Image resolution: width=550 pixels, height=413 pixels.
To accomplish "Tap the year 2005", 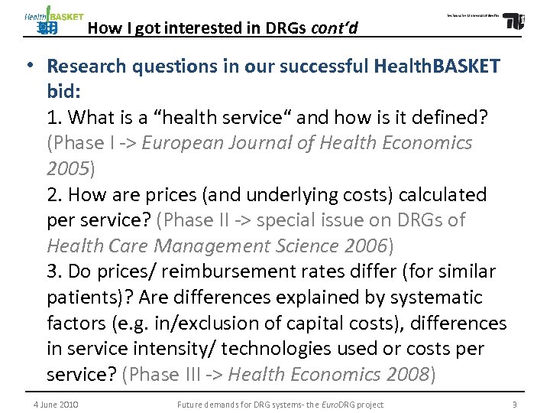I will (67, 169).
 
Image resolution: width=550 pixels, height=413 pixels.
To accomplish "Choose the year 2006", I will (365, 246).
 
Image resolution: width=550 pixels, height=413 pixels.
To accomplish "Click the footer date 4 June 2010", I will (56, 405).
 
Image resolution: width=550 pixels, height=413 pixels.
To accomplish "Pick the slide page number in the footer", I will (515, 405).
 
